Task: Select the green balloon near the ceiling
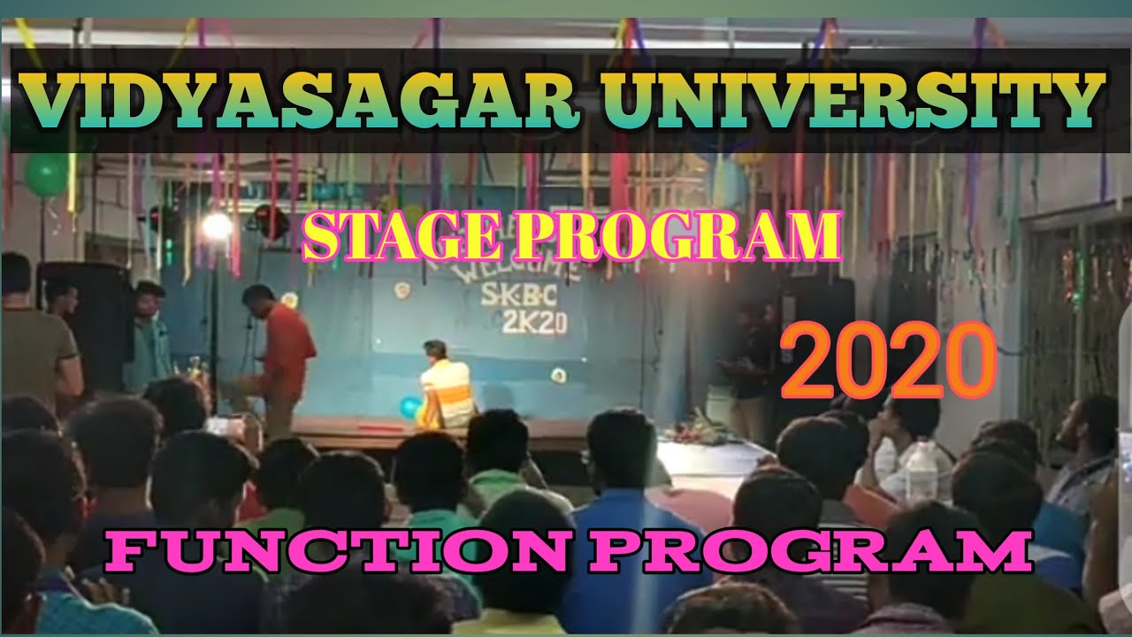click(x=47, y=173)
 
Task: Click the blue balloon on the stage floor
click(x=410, y=407)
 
